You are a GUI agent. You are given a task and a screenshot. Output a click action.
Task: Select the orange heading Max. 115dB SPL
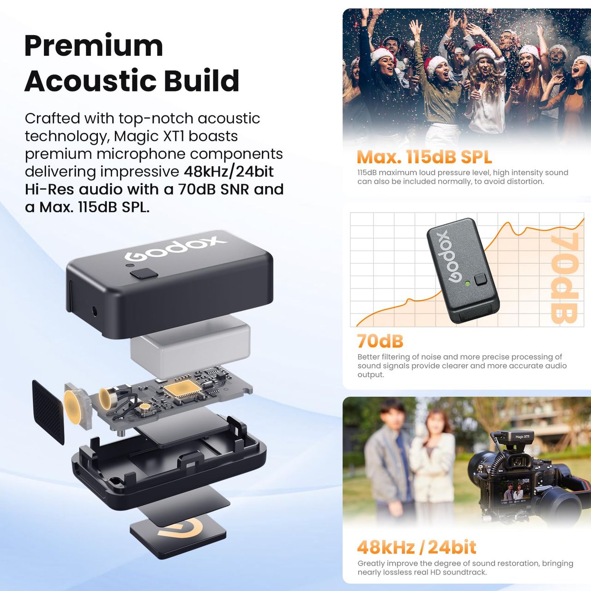point(424,157)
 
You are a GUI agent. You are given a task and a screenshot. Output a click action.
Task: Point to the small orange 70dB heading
point(380,341)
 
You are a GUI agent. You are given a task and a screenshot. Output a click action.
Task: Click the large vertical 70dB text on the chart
point(564,278)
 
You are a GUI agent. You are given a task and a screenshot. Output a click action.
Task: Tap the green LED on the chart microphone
point(467,283)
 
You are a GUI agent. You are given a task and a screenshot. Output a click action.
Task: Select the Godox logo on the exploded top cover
point(176,248)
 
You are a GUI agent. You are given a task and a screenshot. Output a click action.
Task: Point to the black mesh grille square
point(48,412)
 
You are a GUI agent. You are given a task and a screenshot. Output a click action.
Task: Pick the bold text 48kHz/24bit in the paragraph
point(229,171)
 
